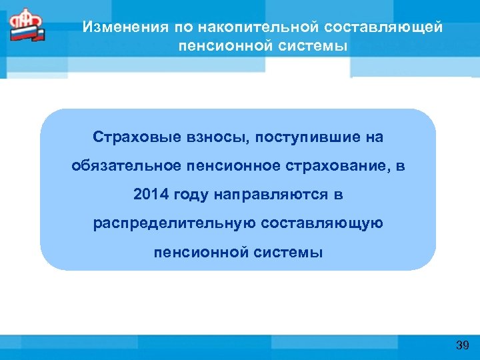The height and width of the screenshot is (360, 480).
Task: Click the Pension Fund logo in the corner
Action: (x=26, y=26)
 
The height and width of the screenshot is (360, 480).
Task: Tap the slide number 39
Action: (x=463, y=345)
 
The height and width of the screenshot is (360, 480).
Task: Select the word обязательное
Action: (x=125, y=166)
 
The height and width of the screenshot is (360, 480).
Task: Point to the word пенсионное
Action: (x=229, y=166)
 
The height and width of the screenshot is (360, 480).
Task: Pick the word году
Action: (x=191, y=195)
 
